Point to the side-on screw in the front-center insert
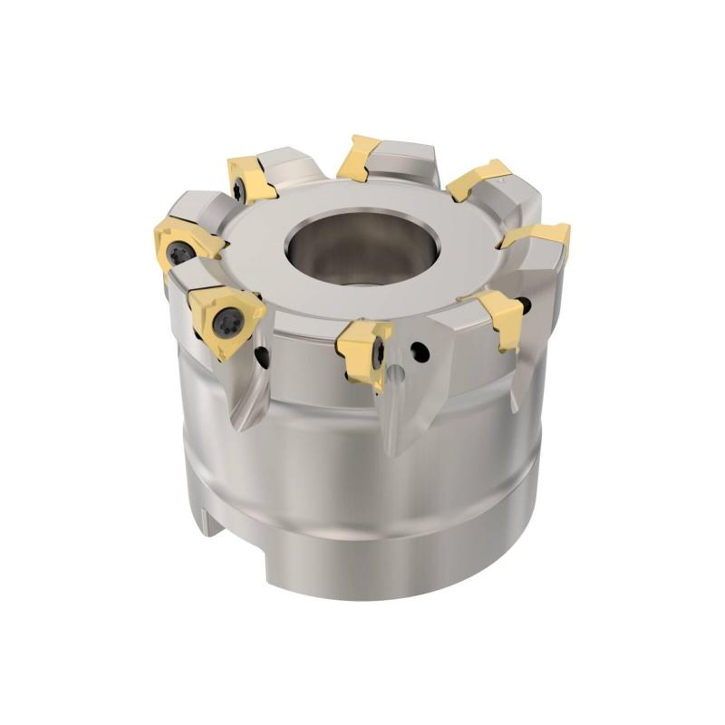(378, 352)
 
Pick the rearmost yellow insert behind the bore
(358, 156)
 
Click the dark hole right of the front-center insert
(418, 349)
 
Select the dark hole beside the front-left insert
(262, 358)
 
